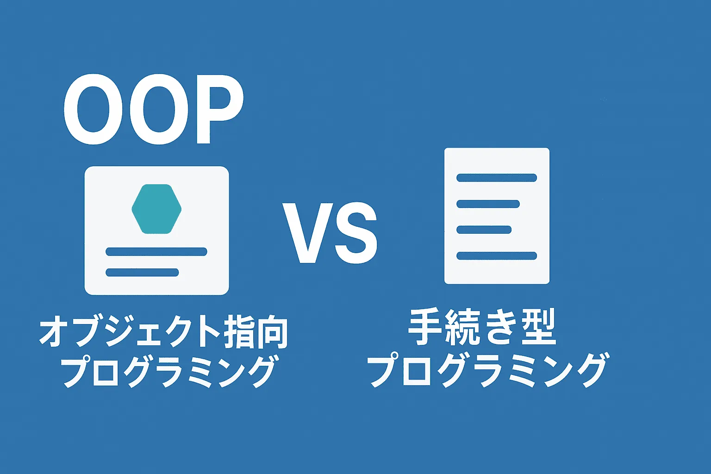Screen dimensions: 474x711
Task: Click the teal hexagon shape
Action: coord(156,209)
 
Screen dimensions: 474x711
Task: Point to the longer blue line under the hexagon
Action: coord(156,252)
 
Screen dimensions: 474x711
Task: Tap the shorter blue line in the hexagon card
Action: coord(142,272)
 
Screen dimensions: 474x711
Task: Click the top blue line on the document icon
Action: coord(496,178)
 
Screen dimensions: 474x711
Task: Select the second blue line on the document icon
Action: coord(488,204)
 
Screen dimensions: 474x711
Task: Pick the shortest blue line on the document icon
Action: coord(484,230)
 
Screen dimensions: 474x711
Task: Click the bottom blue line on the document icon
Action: coord(496,256)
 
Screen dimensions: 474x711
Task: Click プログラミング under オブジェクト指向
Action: coord(168,371)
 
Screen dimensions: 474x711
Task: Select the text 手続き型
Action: coord(481,328)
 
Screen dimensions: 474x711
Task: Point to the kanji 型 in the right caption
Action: coord(538,328)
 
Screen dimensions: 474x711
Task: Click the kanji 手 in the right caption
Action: coord(425,328)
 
